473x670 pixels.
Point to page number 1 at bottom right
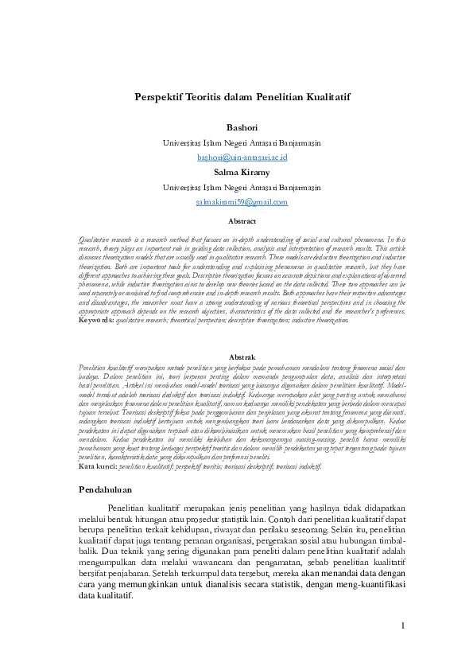coord(403,625)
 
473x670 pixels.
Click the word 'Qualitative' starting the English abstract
coord(94,239)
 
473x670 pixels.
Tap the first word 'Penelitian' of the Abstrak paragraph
coord(95,368)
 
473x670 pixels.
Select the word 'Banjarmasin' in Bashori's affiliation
coord(292,143)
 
